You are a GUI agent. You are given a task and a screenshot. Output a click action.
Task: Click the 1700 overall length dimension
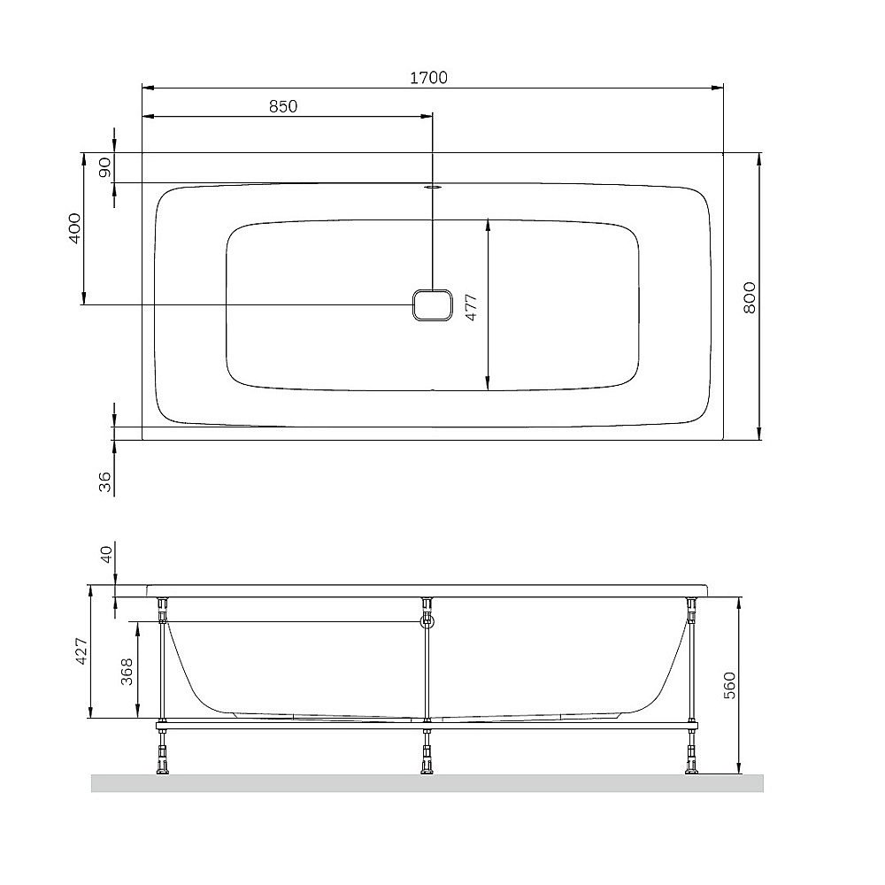pos(428,78)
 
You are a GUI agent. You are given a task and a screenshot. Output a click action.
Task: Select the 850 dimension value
pos(282,106)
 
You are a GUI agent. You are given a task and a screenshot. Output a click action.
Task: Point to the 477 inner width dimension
pos(472,305)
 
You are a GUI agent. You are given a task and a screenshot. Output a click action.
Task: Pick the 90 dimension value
pos(104,167)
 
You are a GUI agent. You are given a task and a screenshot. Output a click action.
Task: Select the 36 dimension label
pos(105,481)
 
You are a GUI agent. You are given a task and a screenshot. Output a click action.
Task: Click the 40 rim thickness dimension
pos(105,555)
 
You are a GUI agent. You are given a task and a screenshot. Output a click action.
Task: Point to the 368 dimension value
pos(127,672)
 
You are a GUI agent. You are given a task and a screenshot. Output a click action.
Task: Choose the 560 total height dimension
pos(729,684)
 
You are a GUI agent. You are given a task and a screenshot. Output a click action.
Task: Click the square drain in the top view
pos(432,306)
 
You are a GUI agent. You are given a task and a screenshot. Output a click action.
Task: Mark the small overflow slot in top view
pos(432,187)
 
